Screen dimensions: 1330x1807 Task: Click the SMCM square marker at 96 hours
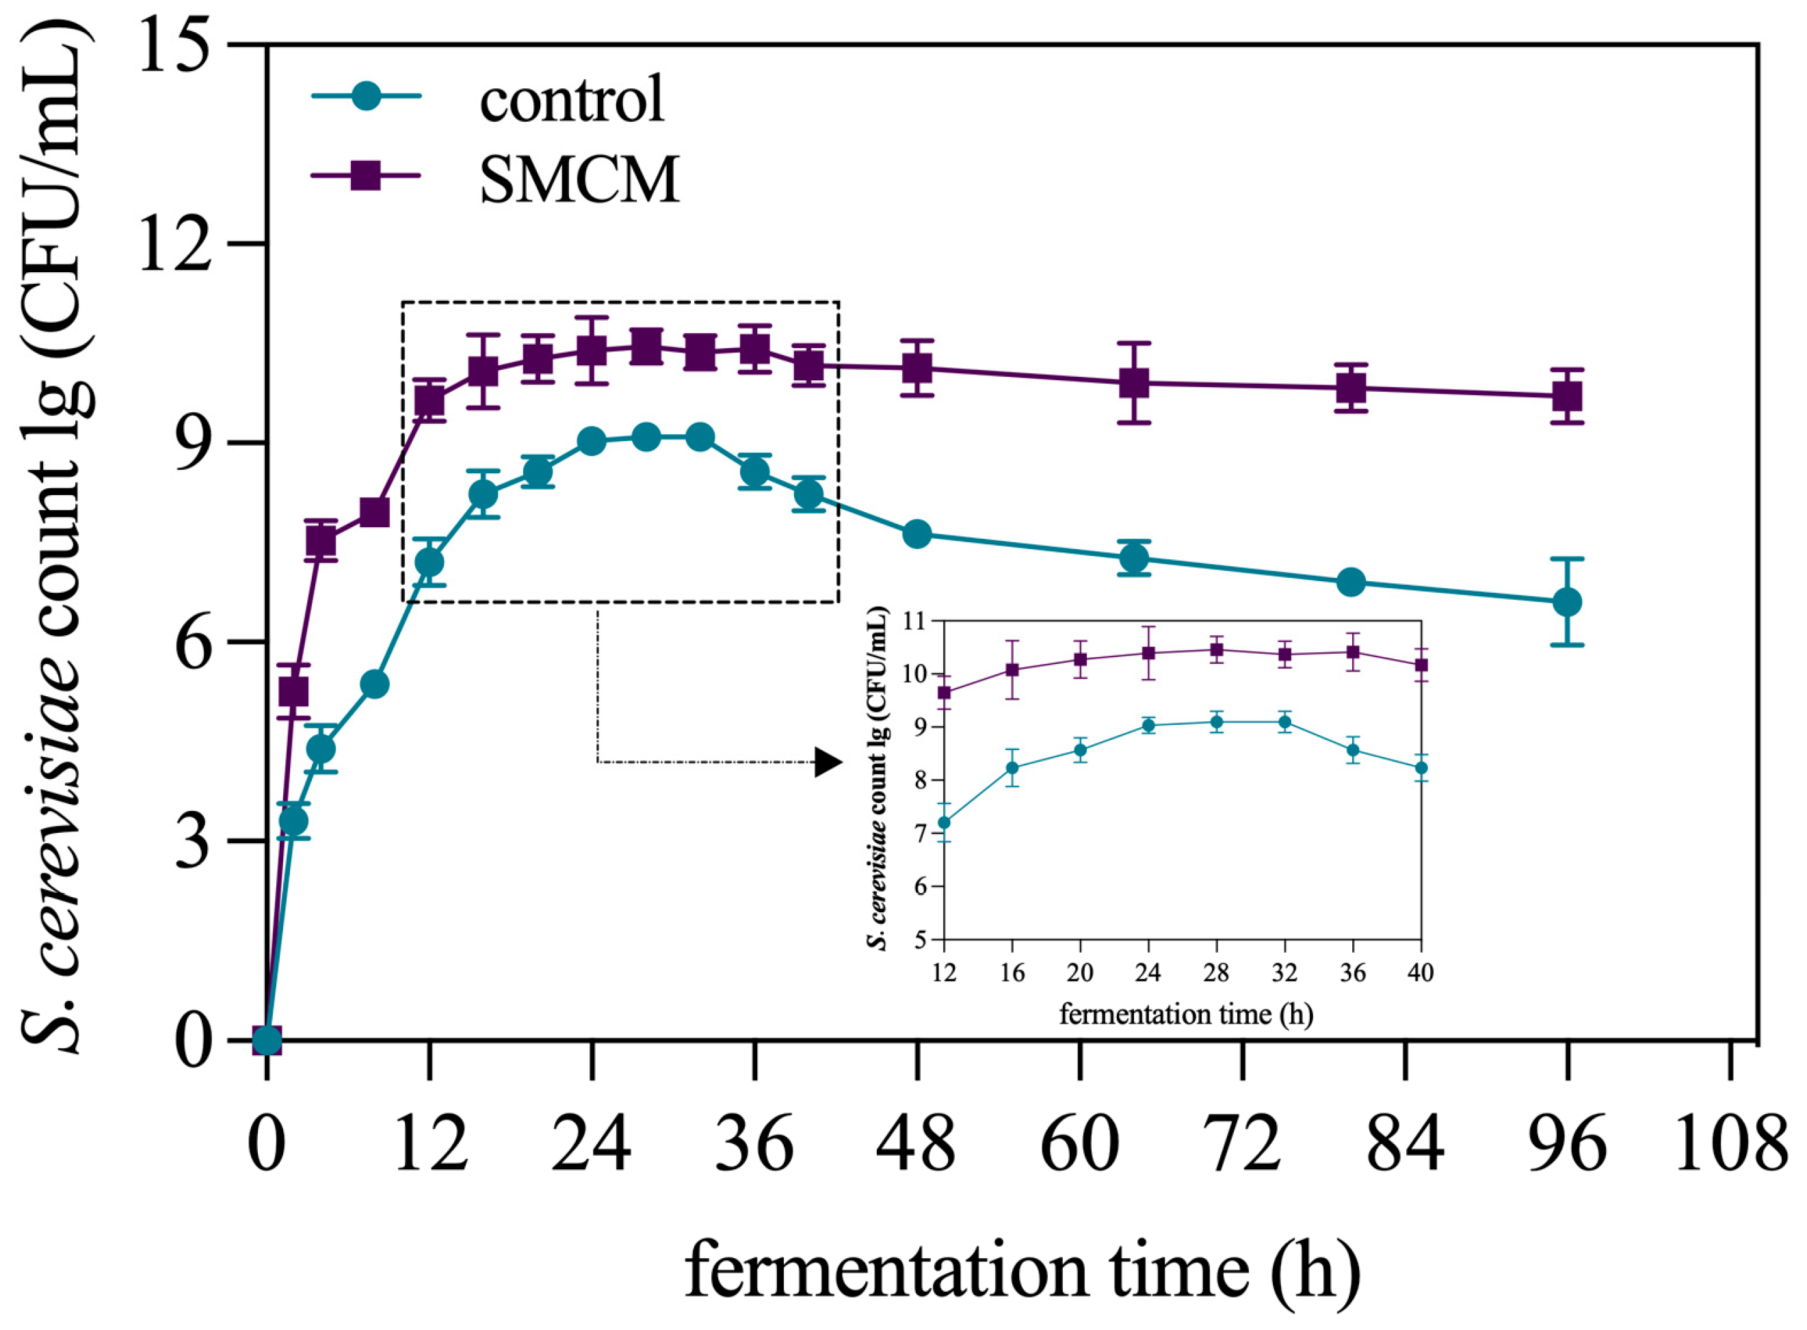point(1567,396)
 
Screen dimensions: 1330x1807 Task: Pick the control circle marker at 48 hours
point(917,534)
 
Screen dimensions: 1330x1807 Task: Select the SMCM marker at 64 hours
point(1134,383)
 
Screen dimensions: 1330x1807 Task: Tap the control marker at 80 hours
point(1351,581)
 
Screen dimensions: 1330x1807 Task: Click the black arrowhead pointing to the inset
point(827,762)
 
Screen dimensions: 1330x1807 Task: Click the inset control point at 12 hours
point(945,822)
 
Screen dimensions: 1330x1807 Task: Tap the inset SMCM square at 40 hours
point(1421,665)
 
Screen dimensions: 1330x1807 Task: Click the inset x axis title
point(1185,1014)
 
